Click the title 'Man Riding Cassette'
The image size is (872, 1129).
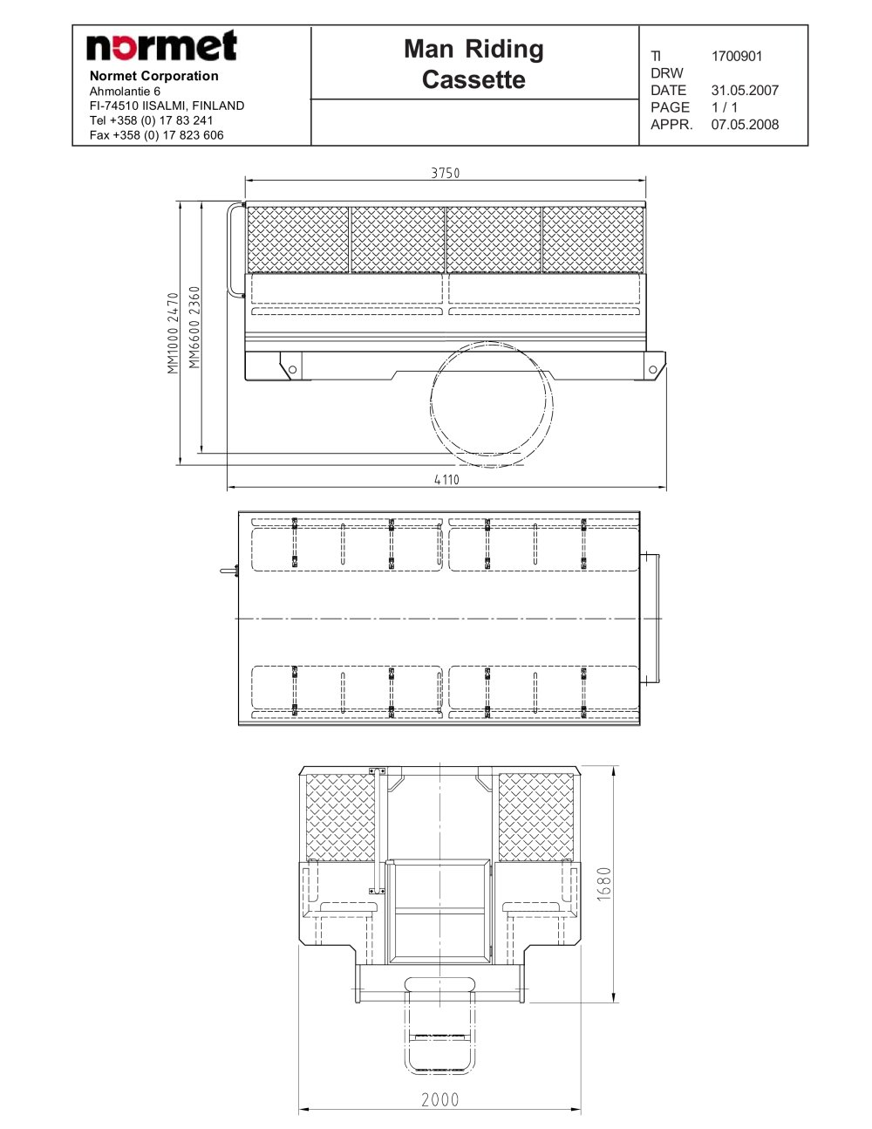click(x=473, y=64)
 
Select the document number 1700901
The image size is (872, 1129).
click(x=737, y=56)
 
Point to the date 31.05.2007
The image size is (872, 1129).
click(x=745, y=91)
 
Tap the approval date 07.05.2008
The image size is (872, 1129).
click(x=745, y=125)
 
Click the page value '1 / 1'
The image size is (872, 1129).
click(x=725, y=107)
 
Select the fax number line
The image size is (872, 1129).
click(x=156, y=135)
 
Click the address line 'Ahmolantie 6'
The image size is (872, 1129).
click(x=125, y=92)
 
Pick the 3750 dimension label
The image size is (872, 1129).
click(x=446, y=173)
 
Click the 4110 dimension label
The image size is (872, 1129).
click(x=446, y=480)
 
